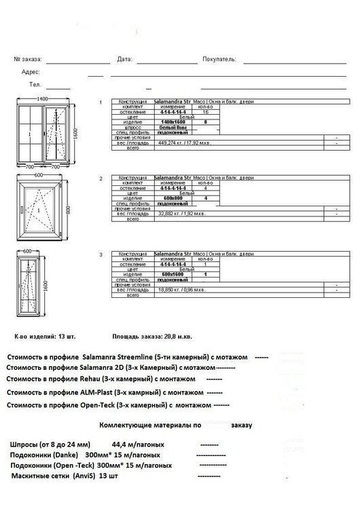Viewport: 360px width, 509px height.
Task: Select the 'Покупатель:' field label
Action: point(219,60)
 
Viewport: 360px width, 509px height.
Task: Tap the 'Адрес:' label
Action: point(31,72)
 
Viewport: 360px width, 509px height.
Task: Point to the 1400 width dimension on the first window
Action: point(42,99)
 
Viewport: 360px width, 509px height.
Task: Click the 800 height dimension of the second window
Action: point(76,210)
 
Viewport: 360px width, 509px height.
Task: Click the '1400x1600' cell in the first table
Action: point(172,121)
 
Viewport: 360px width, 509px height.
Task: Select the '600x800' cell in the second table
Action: point(172,197)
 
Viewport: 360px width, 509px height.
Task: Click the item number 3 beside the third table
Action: point(101,254)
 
